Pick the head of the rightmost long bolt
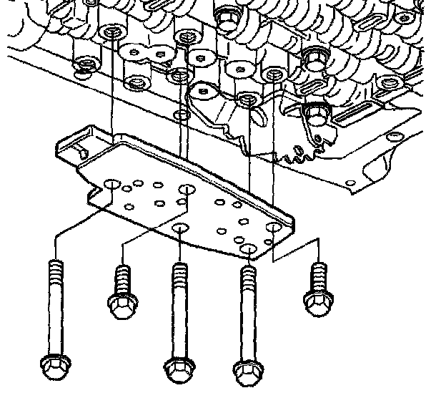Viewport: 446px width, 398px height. [x=247, y=372]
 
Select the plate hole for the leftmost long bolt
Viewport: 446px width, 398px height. [x=111, y=187]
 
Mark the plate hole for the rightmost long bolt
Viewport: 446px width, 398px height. [x=248, y=248]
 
